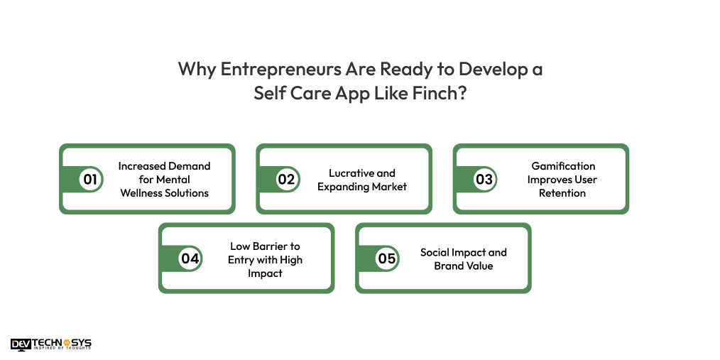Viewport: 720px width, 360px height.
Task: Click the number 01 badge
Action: [x=90, y=179]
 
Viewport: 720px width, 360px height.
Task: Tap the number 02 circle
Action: [x=286, y=179]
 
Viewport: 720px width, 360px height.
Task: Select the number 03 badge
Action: [x=484, y=179]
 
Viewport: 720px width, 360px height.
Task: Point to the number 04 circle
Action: [x=190, y=258]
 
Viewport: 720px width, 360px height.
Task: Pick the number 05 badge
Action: [x=387, y=258]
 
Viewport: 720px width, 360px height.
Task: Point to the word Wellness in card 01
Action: [x=141, y=192]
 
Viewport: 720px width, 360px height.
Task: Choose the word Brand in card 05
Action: [x=449, y=266]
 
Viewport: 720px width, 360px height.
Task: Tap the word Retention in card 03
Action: [x=562, y=192]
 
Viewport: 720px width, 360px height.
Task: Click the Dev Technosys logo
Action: [x=51, y=344]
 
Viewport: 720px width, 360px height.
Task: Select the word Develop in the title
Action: [x=488, y=69]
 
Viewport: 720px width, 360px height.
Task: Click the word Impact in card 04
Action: [x=265, y=273]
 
